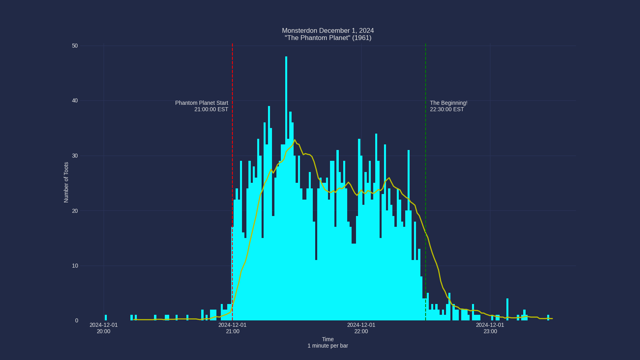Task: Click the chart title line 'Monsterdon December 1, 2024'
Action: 328,31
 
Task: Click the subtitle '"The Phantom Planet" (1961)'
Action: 328,38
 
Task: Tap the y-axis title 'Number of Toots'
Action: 66,182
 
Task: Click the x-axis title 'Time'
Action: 328,339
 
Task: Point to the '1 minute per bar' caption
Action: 328,346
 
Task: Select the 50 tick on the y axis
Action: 75,46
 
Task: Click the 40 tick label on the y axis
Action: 75,101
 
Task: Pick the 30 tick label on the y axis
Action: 75,156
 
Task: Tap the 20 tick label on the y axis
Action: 75,211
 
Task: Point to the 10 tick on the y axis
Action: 75,266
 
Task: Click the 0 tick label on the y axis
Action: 76,320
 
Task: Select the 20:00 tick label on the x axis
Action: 104,328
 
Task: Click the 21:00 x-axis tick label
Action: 232,328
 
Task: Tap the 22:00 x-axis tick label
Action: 361,328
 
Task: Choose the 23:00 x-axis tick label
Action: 490,328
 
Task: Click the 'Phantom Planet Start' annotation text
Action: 202,103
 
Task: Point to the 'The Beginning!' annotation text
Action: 448,103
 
